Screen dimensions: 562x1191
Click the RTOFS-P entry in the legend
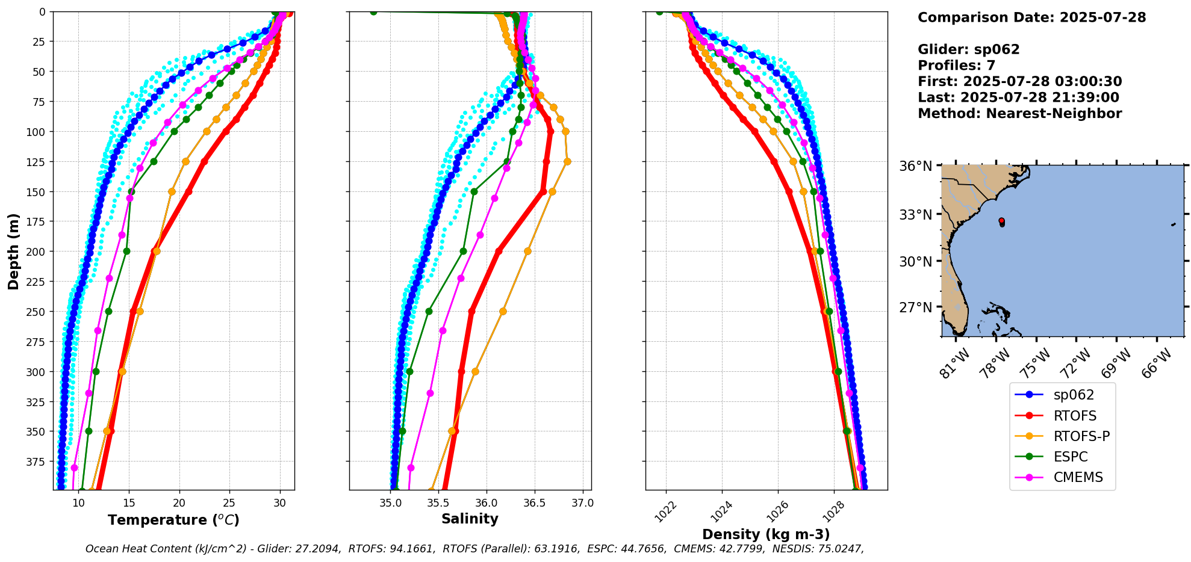1081,436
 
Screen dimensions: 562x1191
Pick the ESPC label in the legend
1070,457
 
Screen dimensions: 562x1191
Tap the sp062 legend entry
1074,395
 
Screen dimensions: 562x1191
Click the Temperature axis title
173,520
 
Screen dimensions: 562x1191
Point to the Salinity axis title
470,519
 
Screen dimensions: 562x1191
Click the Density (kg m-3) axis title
766,534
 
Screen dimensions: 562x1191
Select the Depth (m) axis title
13,251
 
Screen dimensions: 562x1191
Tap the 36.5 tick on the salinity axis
534,503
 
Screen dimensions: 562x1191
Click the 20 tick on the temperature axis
179,503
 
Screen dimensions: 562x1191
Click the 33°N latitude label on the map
915,215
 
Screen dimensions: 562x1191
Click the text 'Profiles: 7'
956,66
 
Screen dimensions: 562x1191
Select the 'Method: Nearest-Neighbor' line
1019,114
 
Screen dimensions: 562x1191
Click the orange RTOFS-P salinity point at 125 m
567,161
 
